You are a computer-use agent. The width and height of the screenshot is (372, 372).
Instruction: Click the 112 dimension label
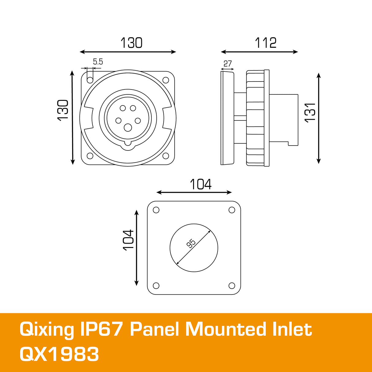(x=266, y=43)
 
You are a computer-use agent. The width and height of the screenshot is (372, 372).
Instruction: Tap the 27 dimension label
(x=227, y=64)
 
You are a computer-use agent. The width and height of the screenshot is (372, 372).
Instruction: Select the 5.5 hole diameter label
(x=98, y=62)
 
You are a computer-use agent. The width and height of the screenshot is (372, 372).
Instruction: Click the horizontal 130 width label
(x=131, y=43)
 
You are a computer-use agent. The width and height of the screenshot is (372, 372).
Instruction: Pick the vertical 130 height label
(x=63, y=110)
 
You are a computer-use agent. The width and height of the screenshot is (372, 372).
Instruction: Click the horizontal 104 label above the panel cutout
(x=200, y=184)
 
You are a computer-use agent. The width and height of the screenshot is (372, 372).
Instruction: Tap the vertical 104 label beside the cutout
(x=128, y=240)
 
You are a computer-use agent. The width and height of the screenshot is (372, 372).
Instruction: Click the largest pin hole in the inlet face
(x=128, y=127)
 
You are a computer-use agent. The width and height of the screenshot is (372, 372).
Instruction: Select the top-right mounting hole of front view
(x=166, y=80)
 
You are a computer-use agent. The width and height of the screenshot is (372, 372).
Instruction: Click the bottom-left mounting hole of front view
(x=90, y=156)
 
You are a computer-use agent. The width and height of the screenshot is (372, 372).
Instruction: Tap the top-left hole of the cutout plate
(x=156, y=210)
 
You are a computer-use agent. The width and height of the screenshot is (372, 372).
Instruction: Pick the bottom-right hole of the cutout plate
(x=232, y=286)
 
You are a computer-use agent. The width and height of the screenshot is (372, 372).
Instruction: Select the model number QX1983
(x=59, y=354)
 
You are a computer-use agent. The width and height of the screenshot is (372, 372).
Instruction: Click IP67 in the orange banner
(x=101, y=329)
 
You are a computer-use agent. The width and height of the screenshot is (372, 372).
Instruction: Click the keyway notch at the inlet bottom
(x=128, y=145)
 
